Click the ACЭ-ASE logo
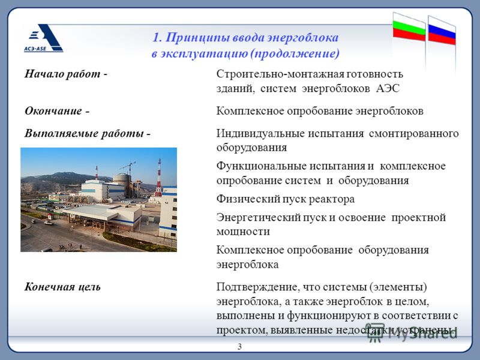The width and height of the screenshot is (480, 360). [43, 38]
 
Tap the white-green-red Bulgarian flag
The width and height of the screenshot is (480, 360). [409, 28]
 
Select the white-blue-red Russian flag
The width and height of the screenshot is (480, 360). [442, 31]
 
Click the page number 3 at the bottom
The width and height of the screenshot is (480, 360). [239, 347]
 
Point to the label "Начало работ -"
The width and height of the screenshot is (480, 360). [66, 74]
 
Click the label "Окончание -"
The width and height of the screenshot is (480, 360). [57, 110]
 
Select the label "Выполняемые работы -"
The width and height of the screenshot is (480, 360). [88, 133]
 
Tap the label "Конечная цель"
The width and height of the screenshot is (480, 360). [62, 287]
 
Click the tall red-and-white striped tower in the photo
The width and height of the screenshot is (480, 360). [159, 178]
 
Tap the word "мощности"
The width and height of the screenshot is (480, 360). [243, 232]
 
